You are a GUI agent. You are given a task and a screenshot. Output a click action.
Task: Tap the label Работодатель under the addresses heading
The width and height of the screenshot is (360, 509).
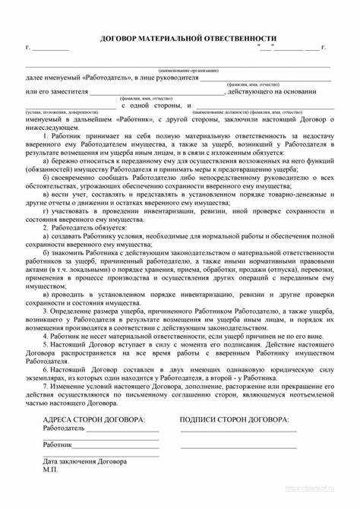point(64,428)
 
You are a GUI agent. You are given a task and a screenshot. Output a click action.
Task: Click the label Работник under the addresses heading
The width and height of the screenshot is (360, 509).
point(58,444)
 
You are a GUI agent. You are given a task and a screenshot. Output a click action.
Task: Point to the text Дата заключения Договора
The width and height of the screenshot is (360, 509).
point(85,461)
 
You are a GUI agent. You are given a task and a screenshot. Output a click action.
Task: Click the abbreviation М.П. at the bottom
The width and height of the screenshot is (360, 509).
point(52,469)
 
